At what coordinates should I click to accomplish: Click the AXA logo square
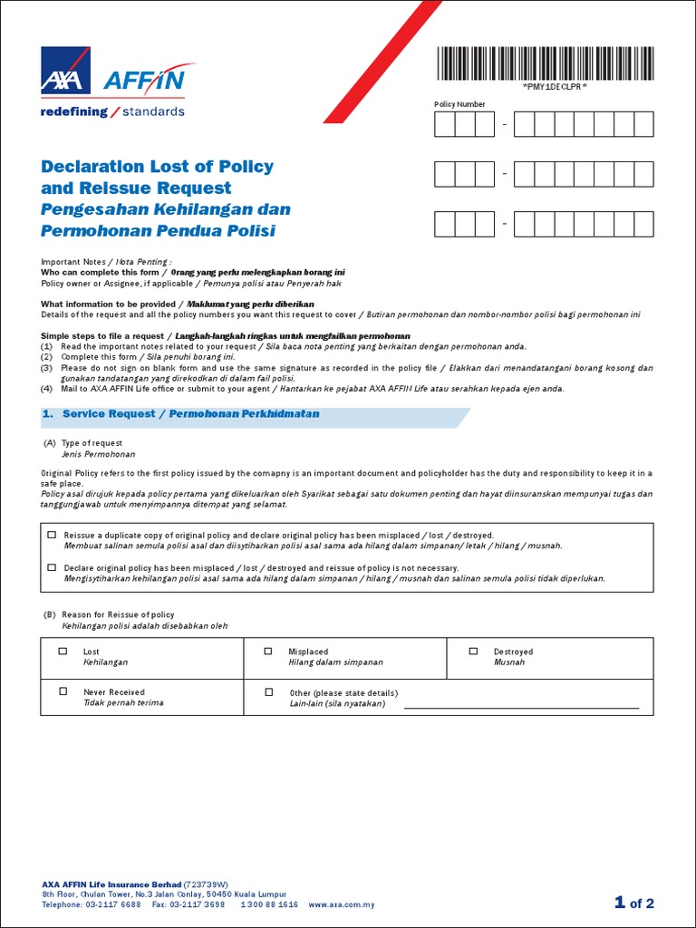click(64, 70)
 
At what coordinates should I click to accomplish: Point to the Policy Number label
click(459, 104)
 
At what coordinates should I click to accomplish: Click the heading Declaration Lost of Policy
click(157, 167)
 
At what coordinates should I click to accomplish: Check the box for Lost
click(63, 652)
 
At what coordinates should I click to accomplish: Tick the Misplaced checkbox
click(268, 652)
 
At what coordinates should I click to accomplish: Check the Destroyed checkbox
click(473, 652)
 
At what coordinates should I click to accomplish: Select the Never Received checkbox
click(63, 691)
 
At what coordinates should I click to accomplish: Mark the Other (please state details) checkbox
click(268, 691)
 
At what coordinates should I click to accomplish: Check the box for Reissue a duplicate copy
click(52, 536)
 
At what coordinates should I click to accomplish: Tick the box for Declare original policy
click(52, 567)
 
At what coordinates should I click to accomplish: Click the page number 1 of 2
click(633, 903)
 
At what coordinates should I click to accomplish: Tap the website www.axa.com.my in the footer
click(342, 904)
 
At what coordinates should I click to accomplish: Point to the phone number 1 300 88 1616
click(268, 904)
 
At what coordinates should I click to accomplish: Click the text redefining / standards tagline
click(112, 112)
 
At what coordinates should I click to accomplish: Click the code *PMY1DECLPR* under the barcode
click(556, 87)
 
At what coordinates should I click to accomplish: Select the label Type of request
click(92, 443)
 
